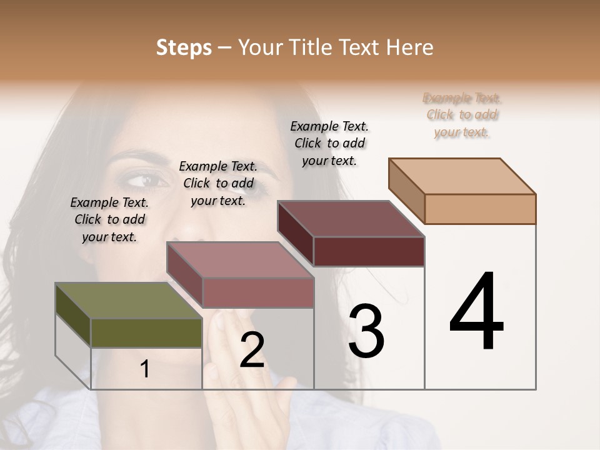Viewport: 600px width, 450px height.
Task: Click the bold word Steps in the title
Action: pyautogui.click(x=184, y=47)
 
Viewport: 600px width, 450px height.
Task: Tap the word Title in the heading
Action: pyautogui.click(x=311, y=47)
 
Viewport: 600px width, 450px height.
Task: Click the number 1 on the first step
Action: pyautogui.click(x=145, y=369)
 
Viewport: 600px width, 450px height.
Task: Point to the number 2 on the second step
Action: pyautogui.click(x=252, y=350)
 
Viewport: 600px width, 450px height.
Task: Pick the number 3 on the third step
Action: pyautogui.click(x=366, y=331)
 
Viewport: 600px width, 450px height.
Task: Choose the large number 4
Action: pyautogui.click(x=476, y=312)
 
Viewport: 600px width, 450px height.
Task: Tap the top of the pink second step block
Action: pyautogui.click(x=240, y=260)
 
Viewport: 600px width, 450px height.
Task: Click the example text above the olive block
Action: pyautogui.click(x=109, y=219)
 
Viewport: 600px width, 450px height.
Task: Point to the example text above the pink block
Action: pyautogui.click(x=218, y=183)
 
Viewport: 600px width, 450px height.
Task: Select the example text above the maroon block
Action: pyautogui.click(x=329, y=143)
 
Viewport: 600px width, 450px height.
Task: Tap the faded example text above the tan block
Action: pyautogui.click(x=462, y=114)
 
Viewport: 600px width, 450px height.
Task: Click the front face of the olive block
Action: pyautogui.click(x=146, y=333)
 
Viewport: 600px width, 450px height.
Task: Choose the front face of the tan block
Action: pyautogui.click(x=480, y=209)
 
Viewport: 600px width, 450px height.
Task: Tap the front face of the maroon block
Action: pyautogui.click(x=369, y=251)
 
